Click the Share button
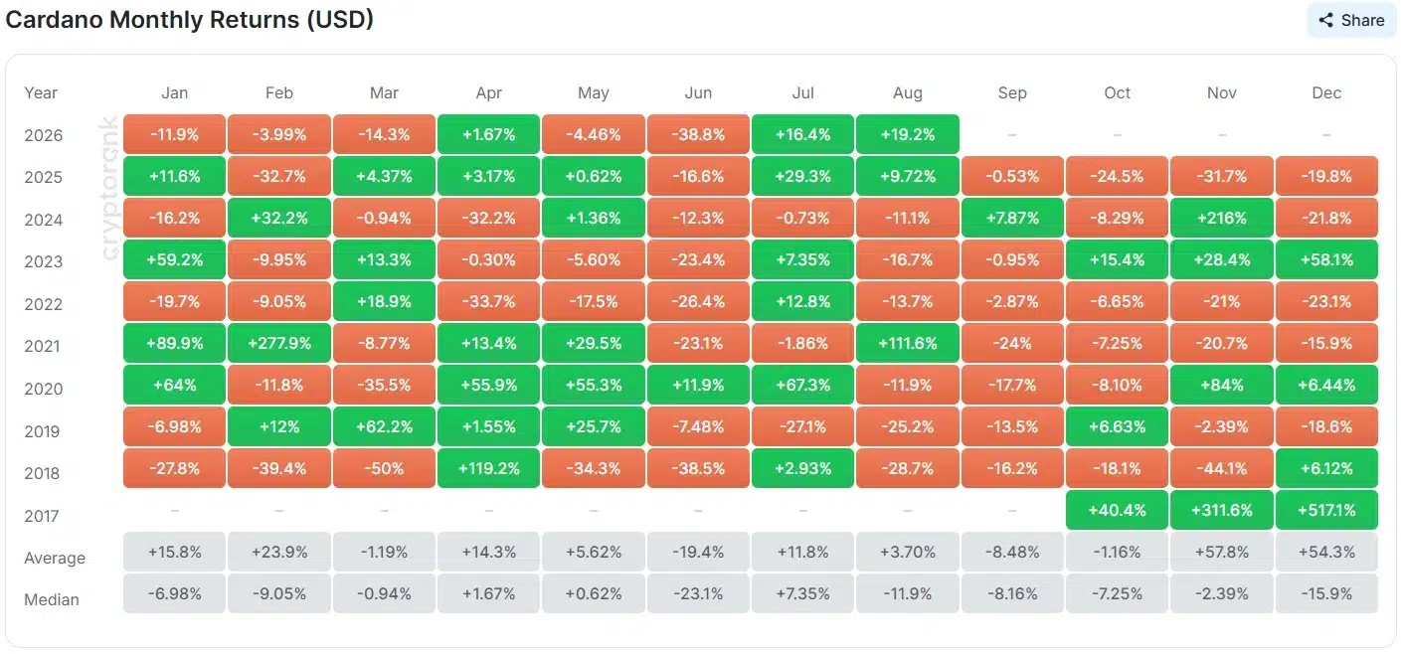click(x=1351, y=20)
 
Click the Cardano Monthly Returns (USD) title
click(x=190, y=20)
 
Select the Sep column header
click(x=1012, y=92)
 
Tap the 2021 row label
click(x=43, y=346)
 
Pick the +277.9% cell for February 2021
click(x=279, y=343)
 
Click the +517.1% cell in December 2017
click(x=1326, y=510)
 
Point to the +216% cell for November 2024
click(x=1221, y=219)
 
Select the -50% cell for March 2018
click(x=384, y=468)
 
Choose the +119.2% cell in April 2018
click(x=488, y=468)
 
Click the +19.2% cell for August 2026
click(x=908, y=134)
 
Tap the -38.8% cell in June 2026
click(x=698, y=134)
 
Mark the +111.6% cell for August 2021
click(x=908, y=343)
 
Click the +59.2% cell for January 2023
click(x=174, y=259)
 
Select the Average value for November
click(x=1221, y=552)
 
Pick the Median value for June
click(x=698, y=593)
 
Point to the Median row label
click(x=52, y=599)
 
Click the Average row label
click(x=55, y=558)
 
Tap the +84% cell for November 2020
click(x=1221, y=386)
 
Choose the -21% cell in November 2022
click(x=1221, y=301)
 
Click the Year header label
click(x=41, y=92)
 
